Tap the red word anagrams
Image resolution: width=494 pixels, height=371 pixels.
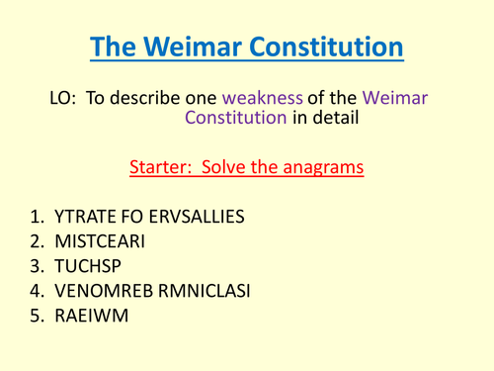(x=320, y=166)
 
